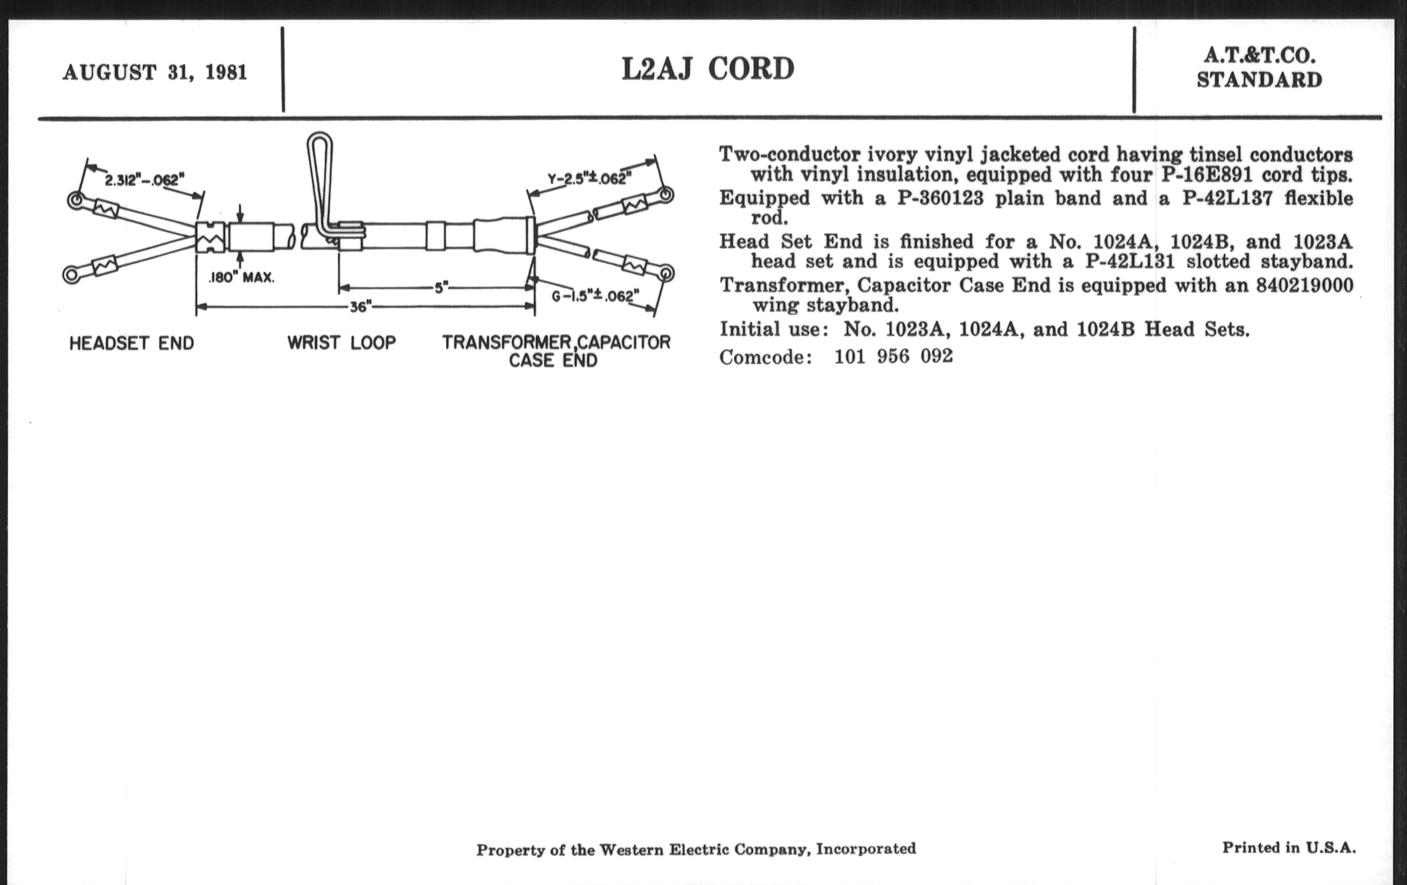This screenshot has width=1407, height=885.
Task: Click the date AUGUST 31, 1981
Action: coord(155,73)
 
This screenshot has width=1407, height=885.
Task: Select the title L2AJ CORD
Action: coord(708,69)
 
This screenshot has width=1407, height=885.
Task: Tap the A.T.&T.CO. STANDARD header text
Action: coord(1259,68)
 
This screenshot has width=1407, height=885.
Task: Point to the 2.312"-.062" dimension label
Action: coord(144,179)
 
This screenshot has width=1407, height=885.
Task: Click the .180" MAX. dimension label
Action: coord(241,278)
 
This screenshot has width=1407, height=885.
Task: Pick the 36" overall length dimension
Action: coord(361,307)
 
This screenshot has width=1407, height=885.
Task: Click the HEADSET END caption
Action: coord(131,343)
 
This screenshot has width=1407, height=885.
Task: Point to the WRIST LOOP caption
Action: coord(341,342)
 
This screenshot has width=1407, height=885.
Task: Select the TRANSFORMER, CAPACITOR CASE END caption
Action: coord(555,351)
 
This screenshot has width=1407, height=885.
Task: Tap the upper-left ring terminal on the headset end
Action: coord(75,200)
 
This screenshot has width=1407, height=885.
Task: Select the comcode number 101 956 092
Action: coord(893,356)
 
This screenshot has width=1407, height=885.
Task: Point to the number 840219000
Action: coord(1304,285)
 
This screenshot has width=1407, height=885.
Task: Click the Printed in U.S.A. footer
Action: coord(1288,847)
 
